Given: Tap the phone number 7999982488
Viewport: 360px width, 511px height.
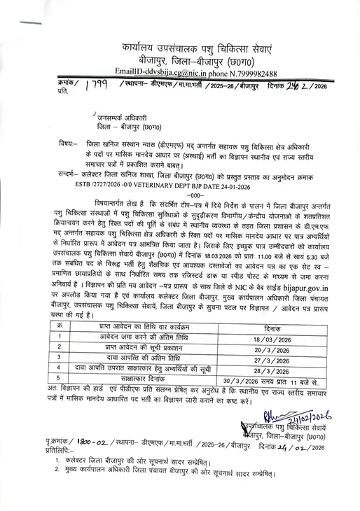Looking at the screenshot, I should tap(253, 73).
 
